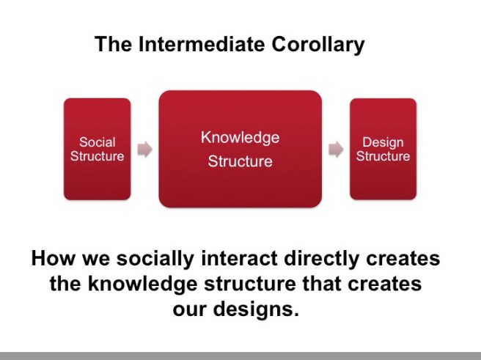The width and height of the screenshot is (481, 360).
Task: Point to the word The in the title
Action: (x=112, y=45)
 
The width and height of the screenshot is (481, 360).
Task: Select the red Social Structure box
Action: (x=97, y=149)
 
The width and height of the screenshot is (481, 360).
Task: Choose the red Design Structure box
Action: (x=383, y=149)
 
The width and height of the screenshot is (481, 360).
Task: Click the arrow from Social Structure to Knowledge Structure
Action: (x=145, y=150)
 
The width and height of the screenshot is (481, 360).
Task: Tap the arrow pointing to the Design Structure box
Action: (x=336, y=150)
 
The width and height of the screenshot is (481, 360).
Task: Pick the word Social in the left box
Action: (x=97, y=142)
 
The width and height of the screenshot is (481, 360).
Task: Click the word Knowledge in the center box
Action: (x=240, y=137)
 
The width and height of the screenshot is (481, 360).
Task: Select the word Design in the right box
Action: (x=383, y=142)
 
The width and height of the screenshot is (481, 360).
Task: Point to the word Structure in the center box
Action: (x=240, y=161)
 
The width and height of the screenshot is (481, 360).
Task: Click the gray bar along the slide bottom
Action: (x=240, y=355)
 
